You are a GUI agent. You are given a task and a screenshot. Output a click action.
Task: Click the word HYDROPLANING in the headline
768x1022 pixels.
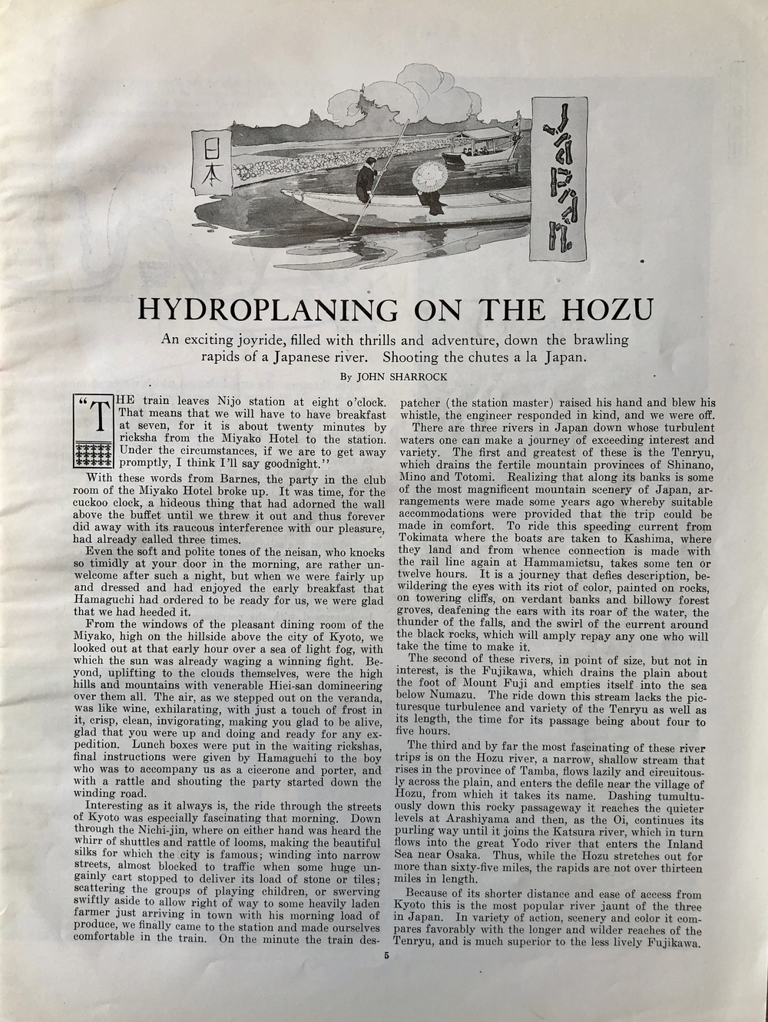(266, 309)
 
